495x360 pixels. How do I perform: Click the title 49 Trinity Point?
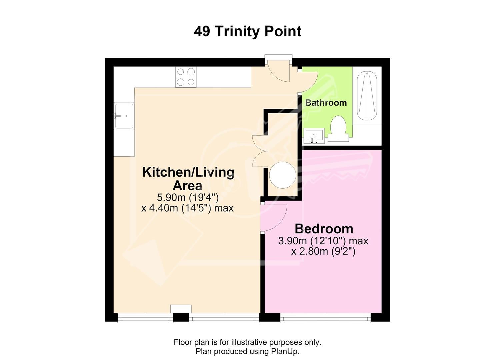[247, 31]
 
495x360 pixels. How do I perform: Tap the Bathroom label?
[326, 103]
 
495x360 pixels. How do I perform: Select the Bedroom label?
[324, 229]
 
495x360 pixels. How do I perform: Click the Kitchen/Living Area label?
[188, 179]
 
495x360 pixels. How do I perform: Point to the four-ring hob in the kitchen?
[186, 77]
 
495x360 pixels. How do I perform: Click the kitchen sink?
[124, 116]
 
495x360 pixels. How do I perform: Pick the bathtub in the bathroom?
[367, 96]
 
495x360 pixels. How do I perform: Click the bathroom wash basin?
[314, 136]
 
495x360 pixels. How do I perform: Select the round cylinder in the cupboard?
[283, 175]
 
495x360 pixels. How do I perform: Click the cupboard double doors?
[260, 151]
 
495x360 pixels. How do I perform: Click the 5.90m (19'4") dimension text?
[188, 197]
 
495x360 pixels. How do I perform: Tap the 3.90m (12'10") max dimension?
[323, 241]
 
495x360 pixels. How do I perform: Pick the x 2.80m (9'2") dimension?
[323, 251]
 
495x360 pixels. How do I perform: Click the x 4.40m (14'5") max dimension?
[187, 208]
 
